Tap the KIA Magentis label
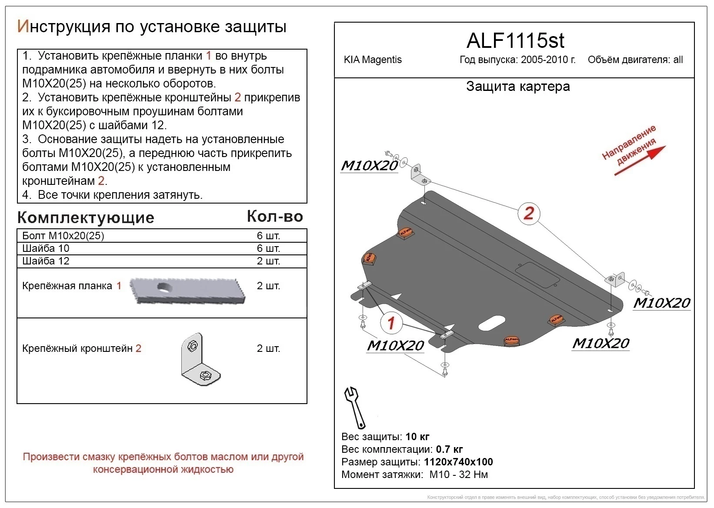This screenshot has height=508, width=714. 373,60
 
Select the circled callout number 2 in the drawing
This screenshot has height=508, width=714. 528,213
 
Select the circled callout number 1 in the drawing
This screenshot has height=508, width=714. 391,323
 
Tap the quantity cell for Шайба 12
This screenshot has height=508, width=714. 268,261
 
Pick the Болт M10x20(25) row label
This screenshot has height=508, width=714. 63,236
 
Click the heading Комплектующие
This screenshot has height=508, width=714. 86,217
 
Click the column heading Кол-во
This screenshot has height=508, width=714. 275,216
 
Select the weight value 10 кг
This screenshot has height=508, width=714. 417,437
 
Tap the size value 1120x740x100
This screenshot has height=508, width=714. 458,462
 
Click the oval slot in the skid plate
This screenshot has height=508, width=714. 491,323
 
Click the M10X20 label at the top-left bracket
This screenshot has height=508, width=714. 369,166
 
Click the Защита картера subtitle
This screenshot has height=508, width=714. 517,87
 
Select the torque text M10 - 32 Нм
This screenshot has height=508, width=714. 458,475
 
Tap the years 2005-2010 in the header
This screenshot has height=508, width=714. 548,60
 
